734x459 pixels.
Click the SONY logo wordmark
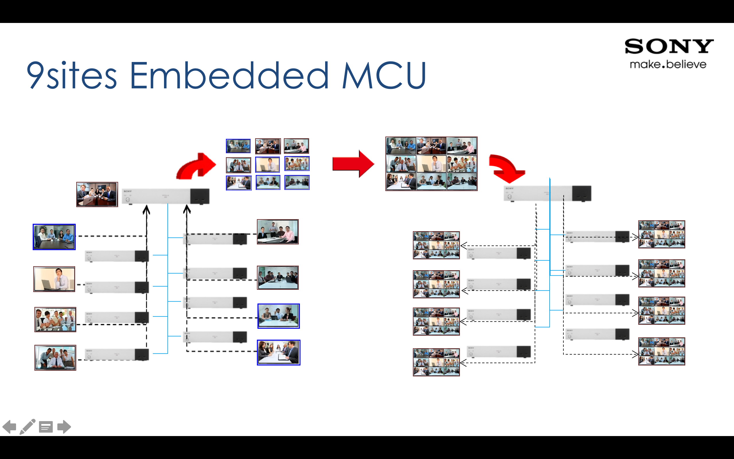coord(669,46)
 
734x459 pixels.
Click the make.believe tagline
coord(668,64)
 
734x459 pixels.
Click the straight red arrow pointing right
coord(353,164)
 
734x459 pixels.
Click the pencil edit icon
coord(27,427)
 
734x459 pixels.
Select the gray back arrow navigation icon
coord(9,427)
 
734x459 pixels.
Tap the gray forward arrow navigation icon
coord(64,427)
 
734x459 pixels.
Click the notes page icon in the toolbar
coord(46,427)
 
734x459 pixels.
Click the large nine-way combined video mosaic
coord(431,164)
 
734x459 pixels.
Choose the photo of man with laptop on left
coord(54,279)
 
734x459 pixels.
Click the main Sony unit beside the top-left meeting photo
coord(165,196)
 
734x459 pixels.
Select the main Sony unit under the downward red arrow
coord(547,193)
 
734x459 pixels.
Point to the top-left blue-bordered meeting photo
coord(54,237)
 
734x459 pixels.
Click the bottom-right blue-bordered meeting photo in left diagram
coord(278,352)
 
